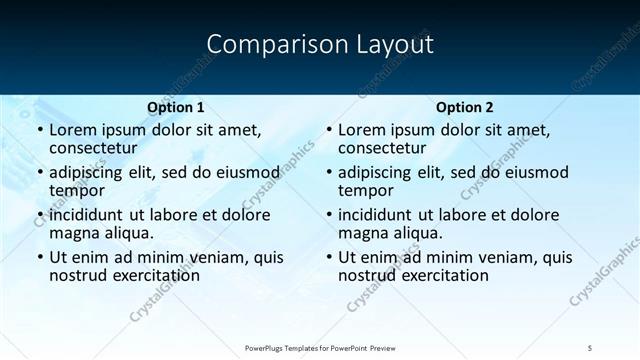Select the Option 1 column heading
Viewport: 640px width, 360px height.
(x=176, y=107)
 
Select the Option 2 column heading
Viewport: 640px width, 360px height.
(x=465, y=107)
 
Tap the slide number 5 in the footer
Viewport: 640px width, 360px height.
(x=591, y=347)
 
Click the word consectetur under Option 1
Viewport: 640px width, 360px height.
(x=96, y=149)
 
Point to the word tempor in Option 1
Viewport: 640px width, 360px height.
(x=76, y=191)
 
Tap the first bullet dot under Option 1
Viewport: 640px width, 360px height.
(x=39, y=131)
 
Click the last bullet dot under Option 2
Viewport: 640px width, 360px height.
(x=328, y=258)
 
